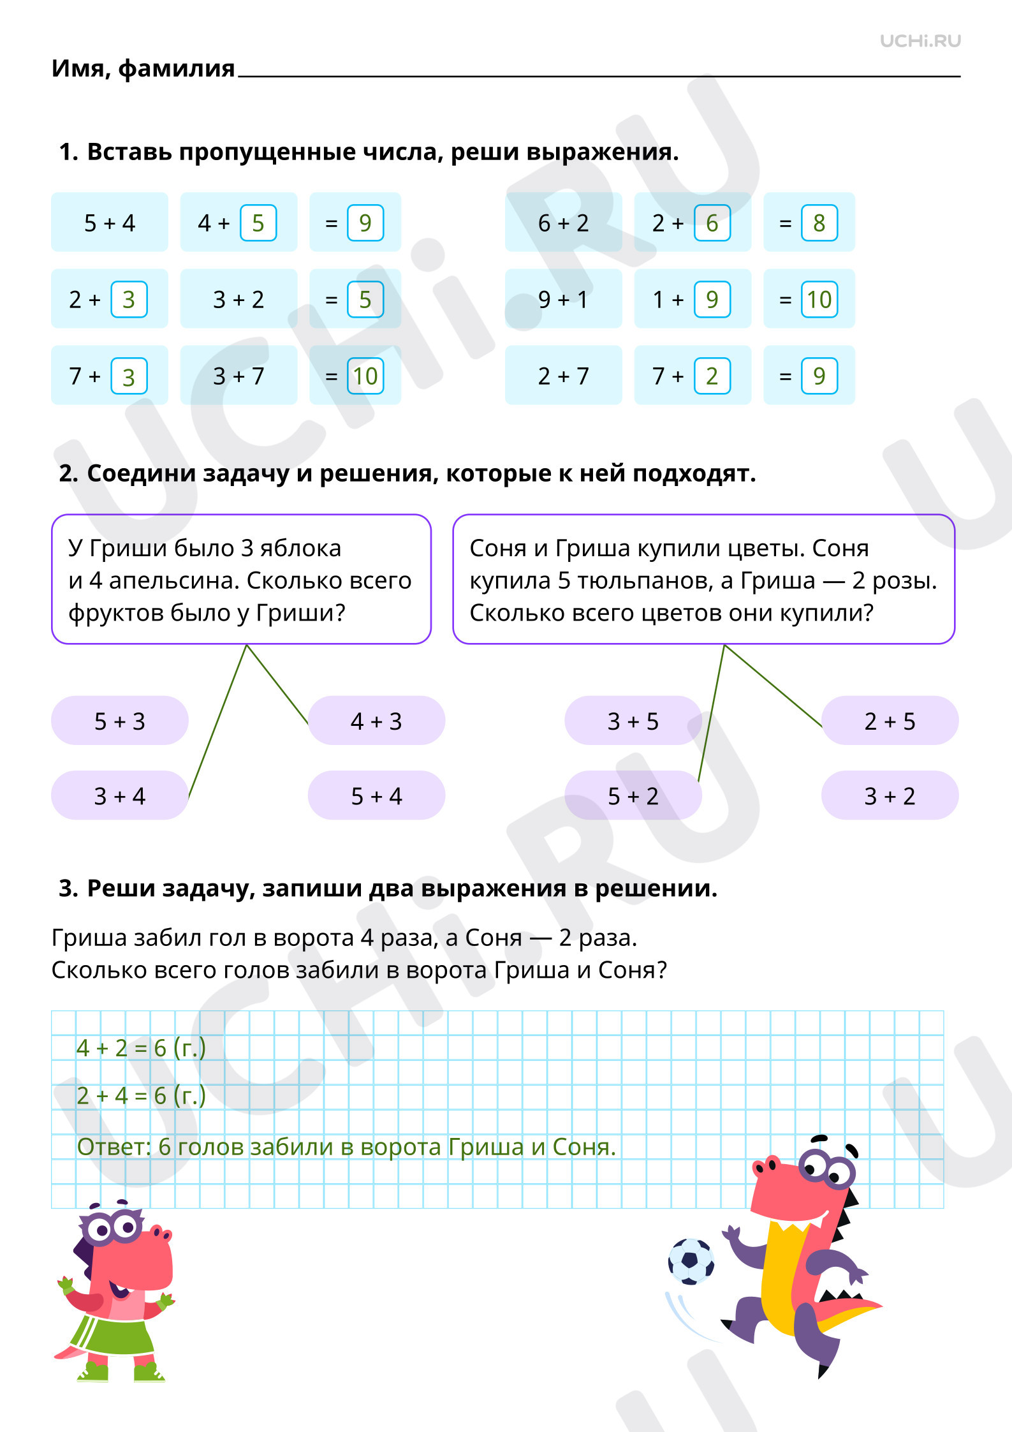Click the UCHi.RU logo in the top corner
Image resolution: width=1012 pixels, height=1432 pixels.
(920, 41)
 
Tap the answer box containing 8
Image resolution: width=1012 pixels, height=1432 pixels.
(819, 223)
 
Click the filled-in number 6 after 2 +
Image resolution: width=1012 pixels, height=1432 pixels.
(712, 223)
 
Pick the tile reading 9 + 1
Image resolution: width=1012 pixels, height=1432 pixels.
(564, 299)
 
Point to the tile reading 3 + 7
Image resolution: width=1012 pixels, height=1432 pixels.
(238, 375)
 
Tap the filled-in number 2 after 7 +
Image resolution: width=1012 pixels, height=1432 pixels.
(712, 376)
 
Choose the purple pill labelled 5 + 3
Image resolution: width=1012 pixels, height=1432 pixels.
(120, 720)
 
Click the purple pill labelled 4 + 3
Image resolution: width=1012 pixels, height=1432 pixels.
(376, 720)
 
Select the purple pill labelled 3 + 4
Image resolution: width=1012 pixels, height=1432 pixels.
(120, 795)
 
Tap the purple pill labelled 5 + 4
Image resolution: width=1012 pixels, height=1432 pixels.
(376, 795)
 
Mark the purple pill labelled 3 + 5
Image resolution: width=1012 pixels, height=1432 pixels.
(633, 720)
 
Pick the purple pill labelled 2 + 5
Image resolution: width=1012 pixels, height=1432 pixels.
(890, 720)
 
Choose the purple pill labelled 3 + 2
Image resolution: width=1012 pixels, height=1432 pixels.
(890, 795)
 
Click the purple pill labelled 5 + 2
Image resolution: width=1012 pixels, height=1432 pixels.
(633, 795)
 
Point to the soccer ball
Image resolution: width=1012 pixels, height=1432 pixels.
(691, 1260)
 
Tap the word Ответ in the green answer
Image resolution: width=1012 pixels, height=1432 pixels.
(112, 1146)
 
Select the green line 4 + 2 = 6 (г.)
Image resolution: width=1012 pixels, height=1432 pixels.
(141, 1048)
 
